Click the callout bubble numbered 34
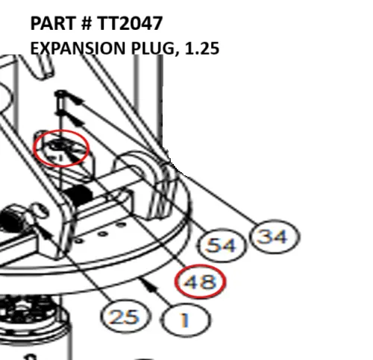[x=275, y=236]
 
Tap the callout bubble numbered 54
[x=221, y=245]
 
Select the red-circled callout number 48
[x=200, y=282]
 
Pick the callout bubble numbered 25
[x=125, y=317]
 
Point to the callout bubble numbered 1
[x=185, y=320]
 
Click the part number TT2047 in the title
[x=130, y=23]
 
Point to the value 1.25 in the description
[x=202, y=48]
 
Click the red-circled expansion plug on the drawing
[x=61, y=148]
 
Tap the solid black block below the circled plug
[x=78, y=195]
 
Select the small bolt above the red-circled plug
[x=60, y=102]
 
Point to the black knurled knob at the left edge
[x=11, y=219]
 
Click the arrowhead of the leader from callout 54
[x=75, y=120]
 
